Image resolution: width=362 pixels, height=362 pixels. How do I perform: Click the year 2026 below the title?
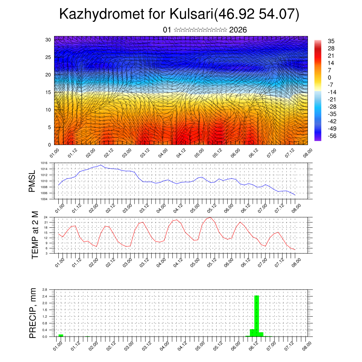238,30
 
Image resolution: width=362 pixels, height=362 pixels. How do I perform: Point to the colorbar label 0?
329,77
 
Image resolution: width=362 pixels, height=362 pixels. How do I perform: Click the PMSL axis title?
32,181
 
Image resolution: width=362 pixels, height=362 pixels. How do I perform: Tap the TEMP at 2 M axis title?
35,235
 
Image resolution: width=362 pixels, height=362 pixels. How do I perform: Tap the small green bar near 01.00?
61,335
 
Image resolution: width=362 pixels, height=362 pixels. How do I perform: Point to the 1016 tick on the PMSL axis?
44,163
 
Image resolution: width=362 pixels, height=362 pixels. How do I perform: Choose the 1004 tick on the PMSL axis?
44,199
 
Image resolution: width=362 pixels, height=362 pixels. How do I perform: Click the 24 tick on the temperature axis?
46,217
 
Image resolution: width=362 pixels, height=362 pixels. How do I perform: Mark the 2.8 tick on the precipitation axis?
45,290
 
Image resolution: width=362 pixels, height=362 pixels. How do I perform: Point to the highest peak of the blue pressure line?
101,165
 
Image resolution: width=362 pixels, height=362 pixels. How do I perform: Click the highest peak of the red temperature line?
211,217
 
